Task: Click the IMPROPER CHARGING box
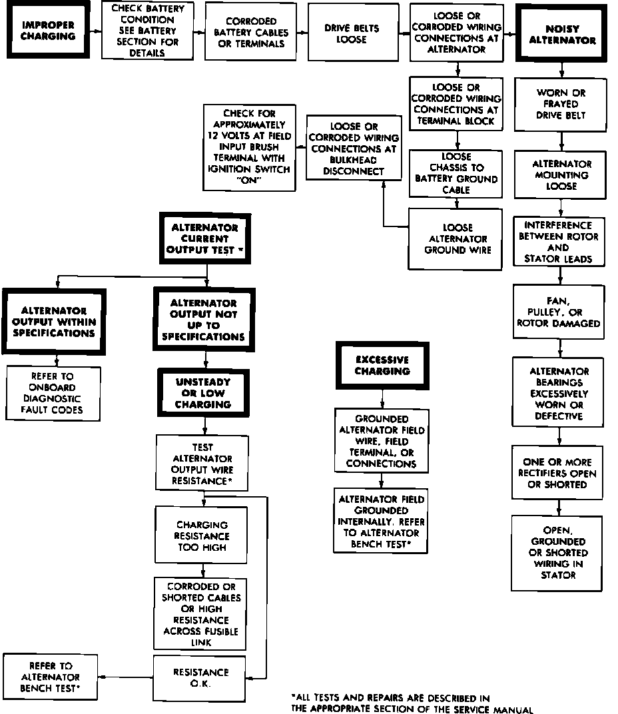click(48, 30)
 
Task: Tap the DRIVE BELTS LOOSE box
click(351, 34)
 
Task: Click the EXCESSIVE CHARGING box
click(382, 365)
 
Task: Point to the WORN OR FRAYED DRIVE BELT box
click(561, 104)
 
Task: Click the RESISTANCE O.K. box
click(200, 677)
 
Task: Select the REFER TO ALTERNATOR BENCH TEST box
click(51, 677)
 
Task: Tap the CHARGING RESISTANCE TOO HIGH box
click(201, 536)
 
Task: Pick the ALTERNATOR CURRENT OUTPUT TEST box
click(204, 238)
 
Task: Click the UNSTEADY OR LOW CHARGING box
click(203, 393)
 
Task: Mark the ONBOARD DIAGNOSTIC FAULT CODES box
click(53, 393)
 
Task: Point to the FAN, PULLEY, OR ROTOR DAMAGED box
click(559, 312)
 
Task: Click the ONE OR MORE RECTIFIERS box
click(559, 474)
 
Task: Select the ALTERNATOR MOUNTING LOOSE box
click(561, 175)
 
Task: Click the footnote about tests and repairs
click(413, 704)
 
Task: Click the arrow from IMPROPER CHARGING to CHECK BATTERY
click(95, 30)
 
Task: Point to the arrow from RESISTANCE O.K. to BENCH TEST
click(127, 677)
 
